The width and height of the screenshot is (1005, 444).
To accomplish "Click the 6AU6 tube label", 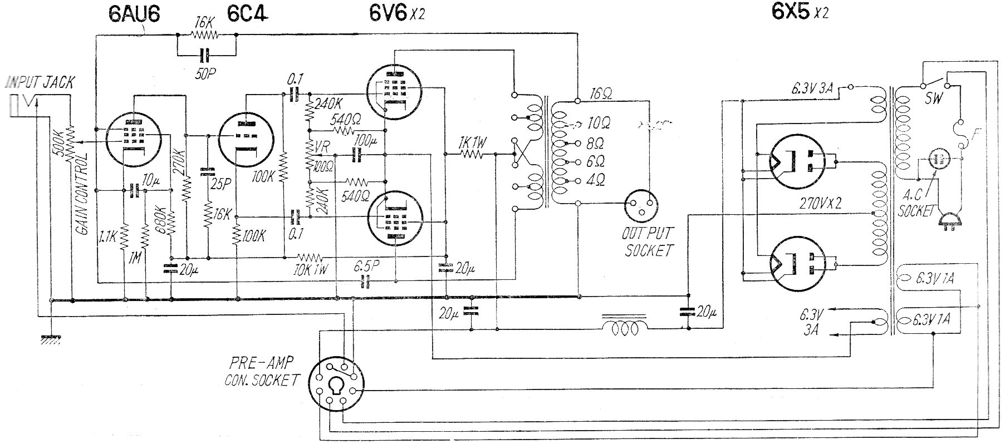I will (x=134, y=13).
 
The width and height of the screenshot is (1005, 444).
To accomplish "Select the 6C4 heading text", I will (x=247, y=13).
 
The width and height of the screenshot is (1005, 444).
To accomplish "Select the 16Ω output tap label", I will (x=600, y=94).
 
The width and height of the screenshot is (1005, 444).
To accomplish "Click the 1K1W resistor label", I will (x=473, y=143).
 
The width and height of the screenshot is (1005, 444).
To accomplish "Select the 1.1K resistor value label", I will (x=107, y=236).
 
